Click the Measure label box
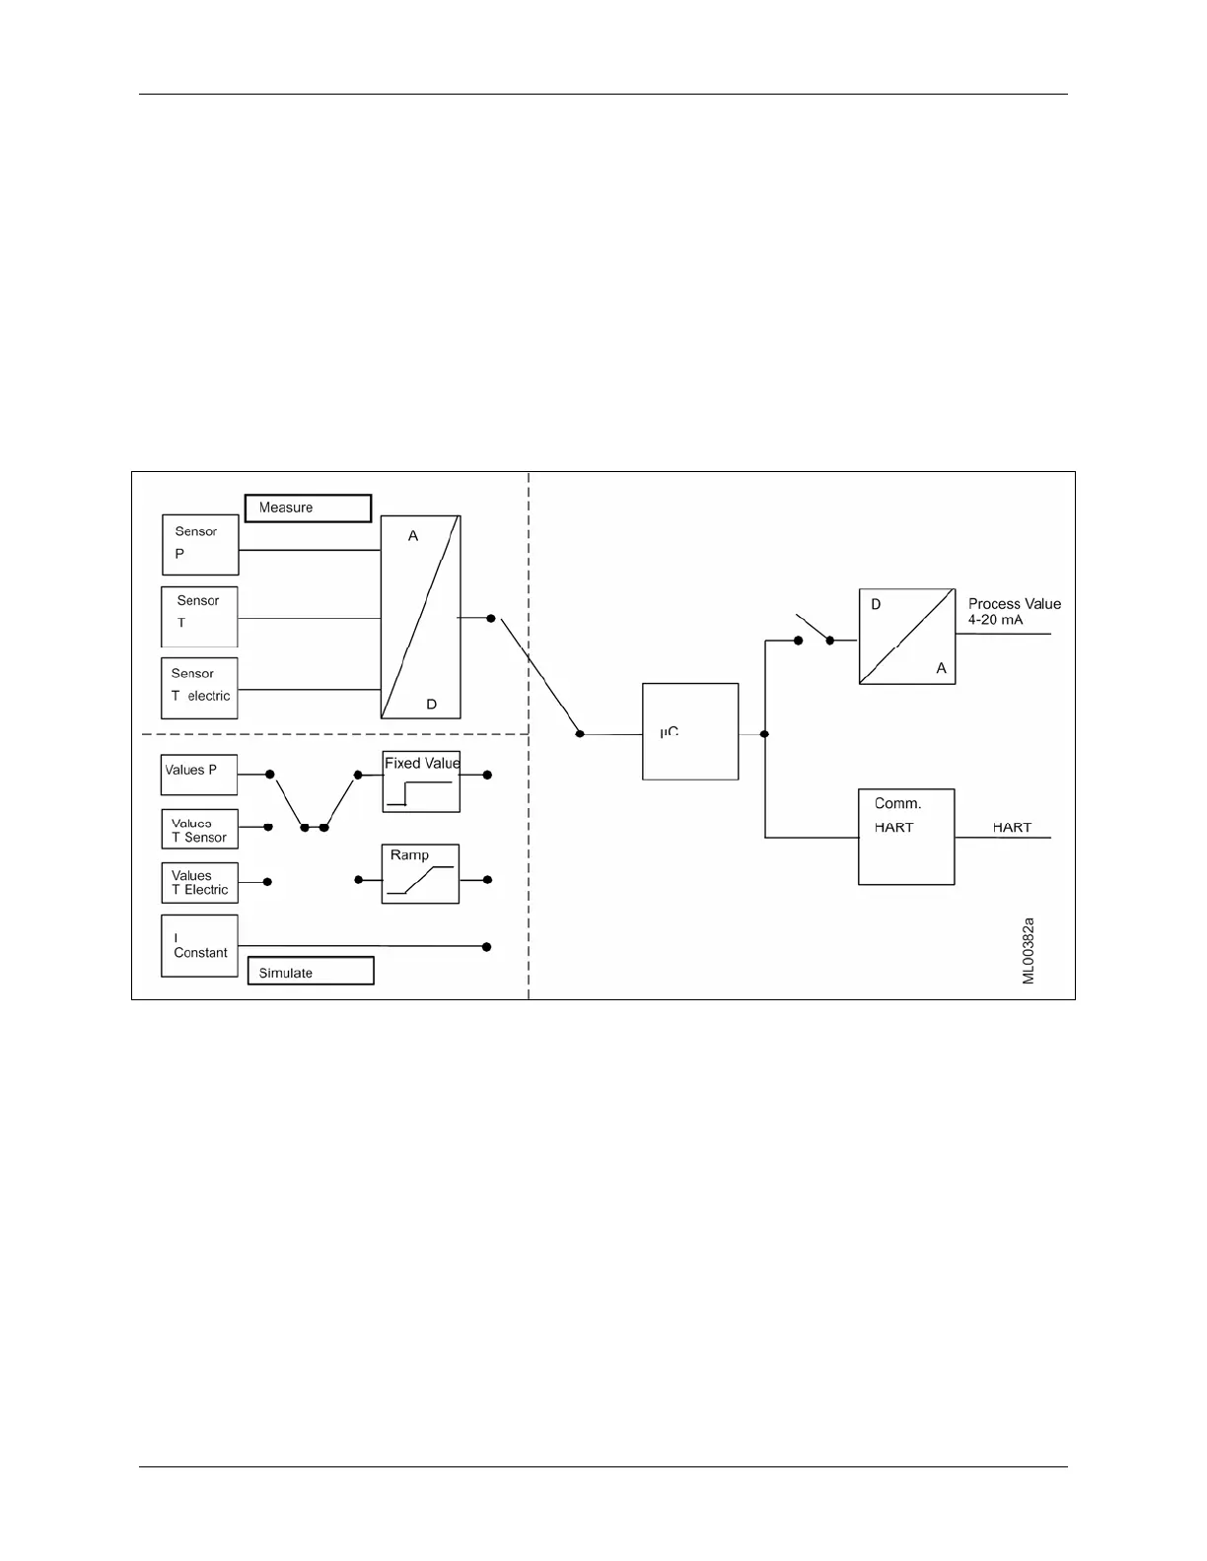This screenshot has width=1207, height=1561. pos(308,508)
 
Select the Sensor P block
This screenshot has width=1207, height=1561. pos(200,545)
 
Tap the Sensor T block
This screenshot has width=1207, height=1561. pos(199,617)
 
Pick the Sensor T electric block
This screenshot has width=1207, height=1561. pos(199,688)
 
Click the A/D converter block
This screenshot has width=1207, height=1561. pos(420,617)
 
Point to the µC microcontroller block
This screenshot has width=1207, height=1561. pos(690,731)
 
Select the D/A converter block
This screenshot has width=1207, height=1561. pos(907,637)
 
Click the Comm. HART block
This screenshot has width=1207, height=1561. pos(906,837)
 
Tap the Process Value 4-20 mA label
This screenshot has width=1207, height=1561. pos(1014,611)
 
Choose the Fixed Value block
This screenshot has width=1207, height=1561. pos(421,781)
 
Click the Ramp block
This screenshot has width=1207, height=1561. pos(420,873)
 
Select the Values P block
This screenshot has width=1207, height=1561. pos(199,775)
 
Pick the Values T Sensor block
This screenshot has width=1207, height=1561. pos(199,830)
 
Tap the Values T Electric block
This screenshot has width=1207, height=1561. pos(199,883)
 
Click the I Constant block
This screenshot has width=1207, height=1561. pos(199,946)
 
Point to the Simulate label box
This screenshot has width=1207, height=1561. pos(311,972)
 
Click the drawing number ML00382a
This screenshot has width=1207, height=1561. pos(1028,951)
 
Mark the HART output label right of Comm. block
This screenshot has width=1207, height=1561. pos(1012,828)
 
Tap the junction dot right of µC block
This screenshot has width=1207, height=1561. pos(764,734)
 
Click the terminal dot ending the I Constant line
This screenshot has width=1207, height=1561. pos(486,947)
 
